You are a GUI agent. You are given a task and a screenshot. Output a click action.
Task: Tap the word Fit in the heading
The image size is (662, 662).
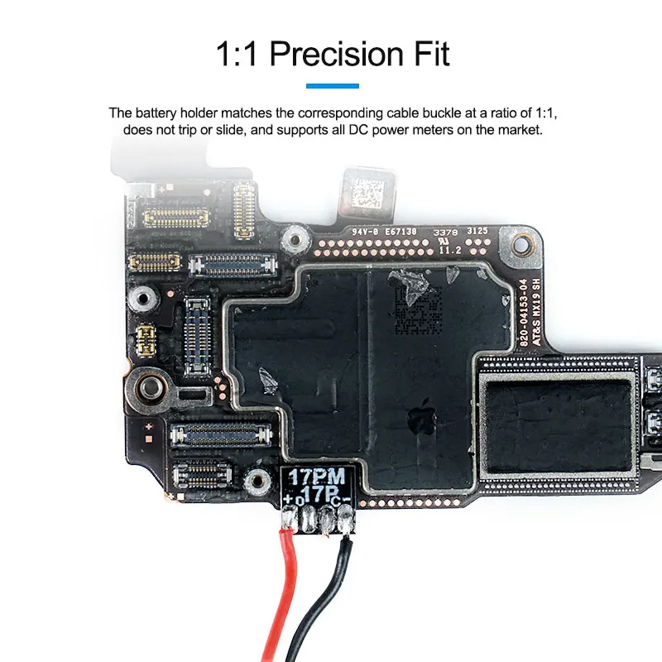pyautogui.click(x=428, y=55)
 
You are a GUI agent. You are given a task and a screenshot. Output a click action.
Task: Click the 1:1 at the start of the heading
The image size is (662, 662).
pyautogui.click(x=238, y=55)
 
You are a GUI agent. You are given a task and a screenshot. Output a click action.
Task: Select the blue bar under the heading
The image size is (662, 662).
pyautogui.click(x=332, y=85)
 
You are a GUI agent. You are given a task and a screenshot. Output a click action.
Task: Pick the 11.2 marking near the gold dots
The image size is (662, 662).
pyautogui.click(x=449, y=247)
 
